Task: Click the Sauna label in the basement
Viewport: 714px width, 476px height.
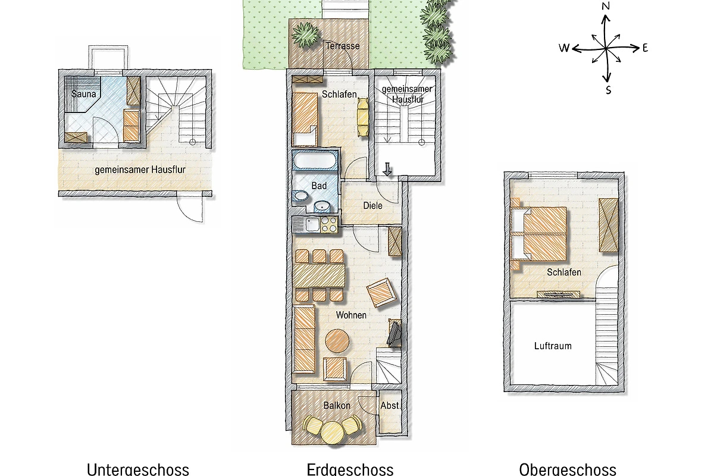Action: pyautogui.click(x=83, y=94)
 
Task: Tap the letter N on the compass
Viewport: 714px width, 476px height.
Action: pyautogui.click(x=605, y=6)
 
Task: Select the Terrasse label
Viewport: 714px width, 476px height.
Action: pyautogui.click(x=343, y=46)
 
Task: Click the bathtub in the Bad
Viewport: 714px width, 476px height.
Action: pyautogui.click(x=315, y=161)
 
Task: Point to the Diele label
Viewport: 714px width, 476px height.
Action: pyautogui.click(x=372, y=206)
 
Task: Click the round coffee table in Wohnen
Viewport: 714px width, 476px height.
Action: pyautogui.click(x=337, y=341)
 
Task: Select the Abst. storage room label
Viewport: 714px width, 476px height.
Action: pyautogui.click(x=390, y=406)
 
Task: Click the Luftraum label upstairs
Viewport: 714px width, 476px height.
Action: pyautogui.click(x=553, y=346)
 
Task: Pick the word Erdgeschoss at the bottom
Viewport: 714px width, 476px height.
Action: pyautogui.click(x=350, y=469)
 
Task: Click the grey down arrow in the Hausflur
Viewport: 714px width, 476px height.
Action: pyautogui.click(x=387, y=170)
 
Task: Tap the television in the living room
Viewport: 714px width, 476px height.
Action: pyautogui.click(x=394, y=333)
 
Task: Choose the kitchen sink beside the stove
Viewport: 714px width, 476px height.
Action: pyautogui.click(x=312, y=224)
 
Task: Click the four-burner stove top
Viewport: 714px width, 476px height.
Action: pyautogui.click(x=329, y=224)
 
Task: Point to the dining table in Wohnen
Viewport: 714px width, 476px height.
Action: pyautogui.click(x=319, y=275)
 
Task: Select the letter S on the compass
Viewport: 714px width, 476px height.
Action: pyautogui.click(x=608, y=90)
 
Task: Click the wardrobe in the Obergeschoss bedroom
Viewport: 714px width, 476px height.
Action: pyautogui.click(x=609, y=225)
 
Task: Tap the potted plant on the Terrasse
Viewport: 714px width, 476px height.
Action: pyautogui.click(x=306, y=35)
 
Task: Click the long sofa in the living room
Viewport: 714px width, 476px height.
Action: pyautogui.click(x=304, y=339)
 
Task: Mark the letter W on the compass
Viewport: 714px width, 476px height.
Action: pyautogui.click(x=564, y=48)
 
